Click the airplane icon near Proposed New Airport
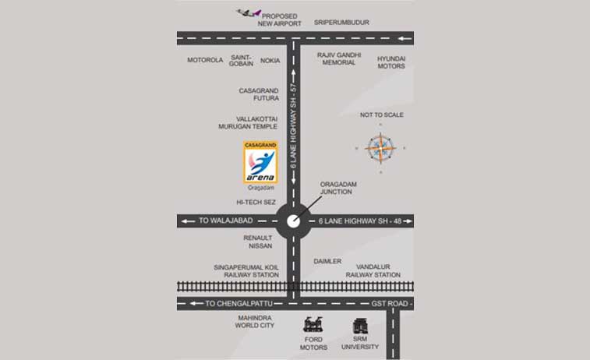coord(248,13)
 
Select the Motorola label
coord(205,60)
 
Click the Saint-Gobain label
coord(242,60)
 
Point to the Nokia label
coord(270,60)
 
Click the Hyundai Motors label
coord(391,62)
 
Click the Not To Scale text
coord(381,115)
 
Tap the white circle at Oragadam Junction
coord(294,221)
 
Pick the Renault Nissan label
coord(258,242)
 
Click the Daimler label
coord(327,261)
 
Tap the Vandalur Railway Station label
coord(373,271)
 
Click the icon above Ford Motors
coord(315,326)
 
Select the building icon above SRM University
coord(360,326)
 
